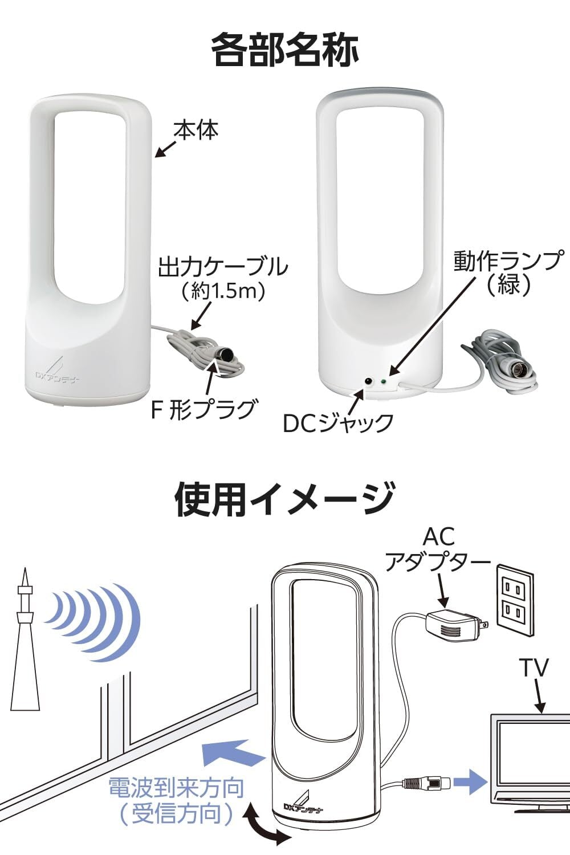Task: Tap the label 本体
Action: click(x=196, y=131)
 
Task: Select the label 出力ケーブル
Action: click(x=223, y=266)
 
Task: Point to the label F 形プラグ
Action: click(x=203, y=409)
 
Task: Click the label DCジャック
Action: click(x=338, y=422)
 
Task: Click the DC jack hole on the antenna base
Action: click(x=369, y=381)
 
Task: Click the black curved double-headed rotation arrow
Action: click(x=263, y=826)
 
